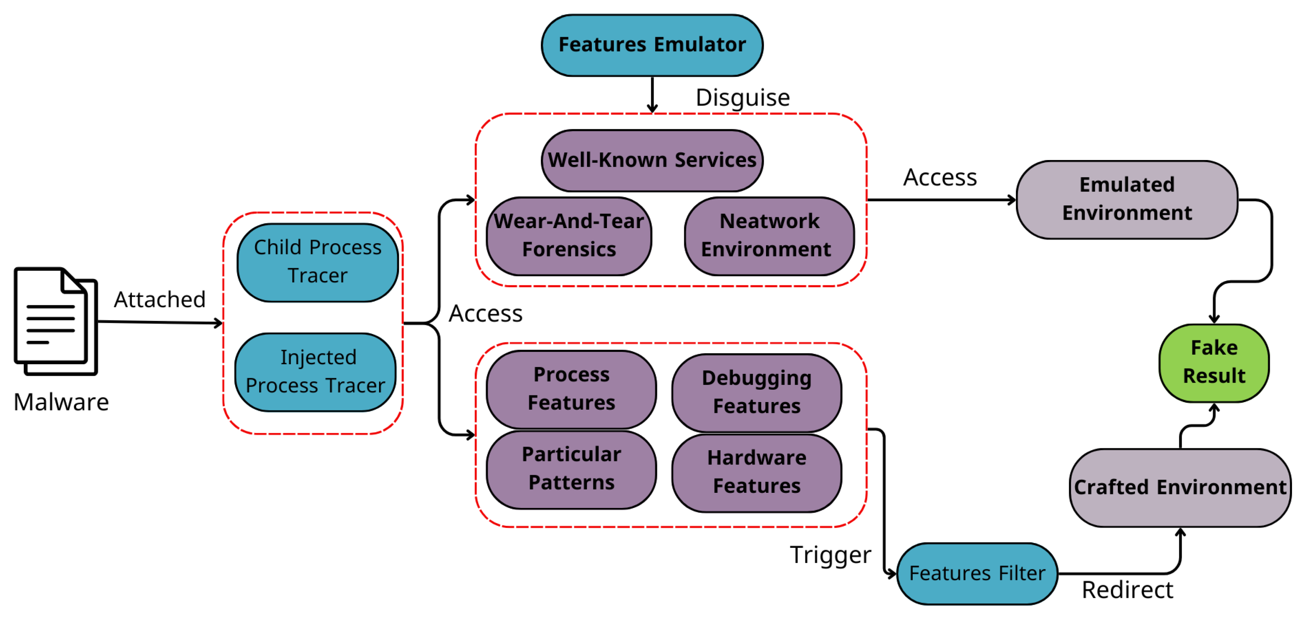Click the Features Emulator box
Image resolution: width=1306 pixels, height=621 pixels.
click(x=652, y=45)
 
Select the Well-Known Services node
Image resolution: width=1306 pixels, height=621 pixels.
click(x=652, y=160)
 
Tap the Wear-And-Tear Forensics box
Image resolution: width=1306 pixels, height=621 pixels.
click(x=569, y=236)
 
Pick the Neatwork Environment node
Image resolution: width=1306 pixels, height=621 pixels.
click(x=769, y=236)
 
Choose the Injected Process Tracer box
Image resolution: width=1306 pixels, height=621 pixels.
click(x=315, y=372)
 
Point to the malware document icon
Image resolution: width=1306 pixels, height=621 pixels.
click(x=56, y=321)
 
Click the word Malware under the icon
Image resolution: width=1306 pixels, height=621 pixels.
click(x=61, y=402)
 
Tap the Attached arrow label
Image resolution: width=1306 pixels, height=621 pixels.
click(x=160, y=299)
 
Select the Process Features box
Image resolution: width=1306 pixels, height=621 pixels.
click(x=571, y=389)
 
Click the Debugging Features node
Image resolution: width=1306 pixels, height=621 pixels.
click(x=756, y=393)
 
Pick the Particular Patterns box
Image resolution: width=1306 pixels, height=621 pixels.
click(x=571, y=469)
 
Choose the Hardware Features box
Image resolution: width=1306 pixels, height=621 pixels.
click(x=756, y=472)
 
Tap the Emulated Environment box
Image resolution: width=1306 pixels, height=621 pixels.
click(x=1127, y=199)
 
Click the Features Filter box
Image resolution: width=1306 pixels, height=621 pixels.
click(x=977, y=573)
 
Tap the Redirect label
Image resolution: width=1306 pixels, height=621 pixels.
click(x=1127, y=590)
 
